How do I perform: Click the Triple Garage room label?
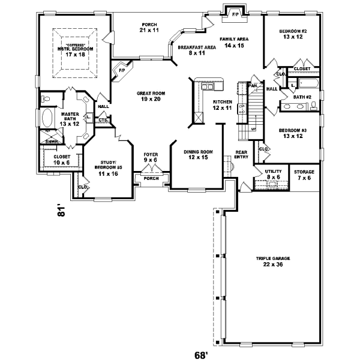[272, 261]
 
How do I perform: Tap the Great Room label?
[151, 97]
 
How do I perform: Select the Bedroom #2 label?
[293, 34]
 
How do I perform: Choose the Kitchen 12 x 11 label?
[222, 105]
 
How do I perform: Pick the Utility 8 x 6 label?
[273, 174]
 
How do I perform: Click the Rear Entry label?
[241, 155]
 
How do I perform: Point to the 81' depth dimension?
[61, 211]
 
